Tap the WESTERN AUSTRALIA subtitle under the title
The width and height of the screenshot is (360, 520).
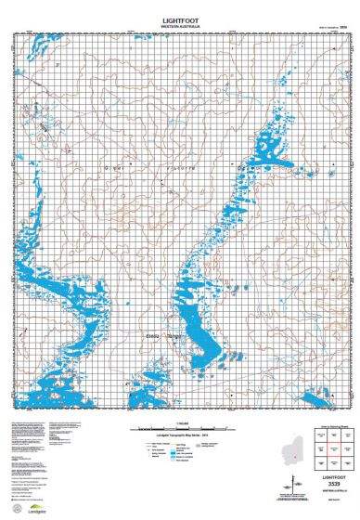[180, 25]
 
